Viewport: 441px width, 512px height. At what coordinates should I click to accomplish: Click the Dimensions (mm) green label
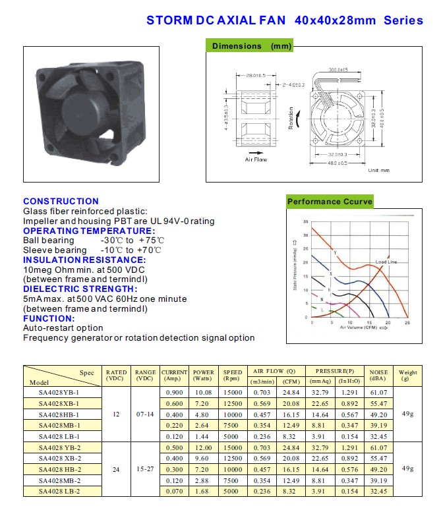pyautogui.click(x=250, y=46)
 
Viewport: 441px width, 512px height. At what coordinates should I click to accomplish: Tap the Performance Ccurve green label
pyautogui.click(x=330, y=202)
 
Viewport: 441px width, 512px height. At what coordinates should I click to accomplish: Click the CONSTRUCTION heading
pyautogui.click(x=61, y=201)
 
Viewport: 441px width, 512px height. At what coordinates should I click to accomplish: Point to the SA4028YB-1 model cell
pyautogui.click(x=59, y=392)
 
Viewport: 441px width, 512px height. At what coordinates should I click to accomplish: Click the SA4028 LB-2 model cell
pyautogui.click(x=59, y=492)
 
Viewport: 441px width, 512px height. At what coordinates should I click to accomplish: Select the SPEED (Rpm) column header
pyautogui.click(x=232, y=376)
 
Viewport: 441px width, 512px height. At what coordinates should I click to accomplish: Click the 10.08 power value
pyautogui.click(x=203, y=392)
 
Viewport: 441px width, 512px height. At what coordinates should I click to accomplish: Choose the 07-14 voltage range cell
pyautogui.click(x=144, y=414)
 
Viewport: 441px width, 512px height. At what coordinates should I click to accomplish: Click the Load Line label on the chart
pyautogui.click(x=386, y=262)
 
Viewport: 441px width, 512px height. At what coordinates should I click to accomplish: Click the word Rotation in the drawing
pyautogui.click(x=291, y=118)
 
